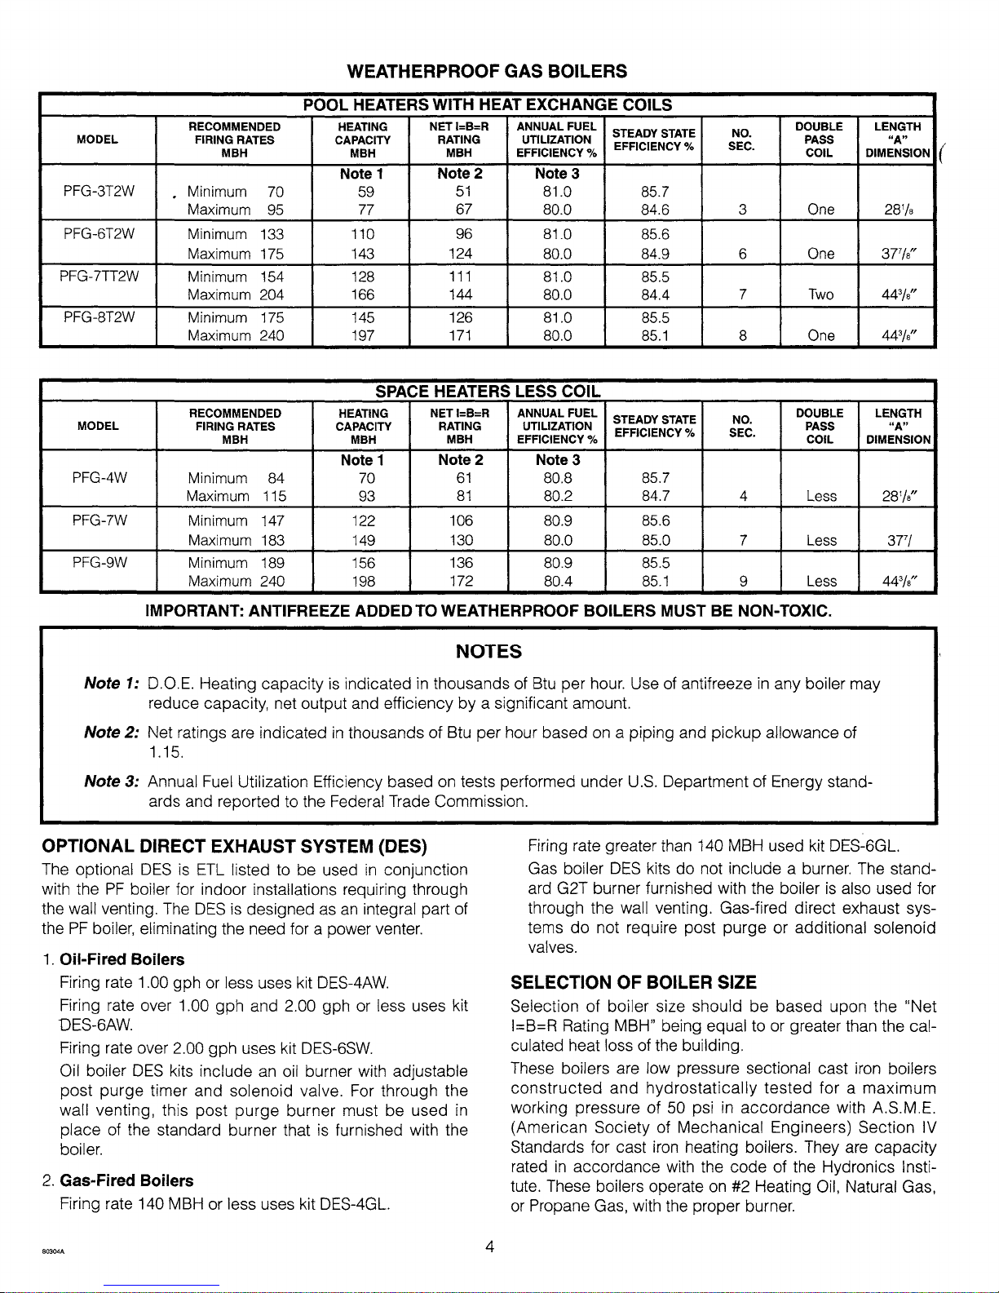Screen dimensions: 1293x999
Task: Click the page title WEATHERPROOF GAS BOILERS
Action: [x=487, y=71]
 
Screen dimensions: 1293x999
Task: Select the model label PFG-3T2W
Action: [x=98, y=192]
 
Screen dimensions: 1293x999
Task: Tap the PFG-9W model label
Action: [x=98, y=563]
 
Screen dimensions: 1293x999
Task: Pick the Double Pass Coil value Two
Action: [x=820, y=294]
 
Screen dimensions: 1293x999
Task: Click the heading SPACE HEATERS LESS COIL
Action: [x=487, y=391]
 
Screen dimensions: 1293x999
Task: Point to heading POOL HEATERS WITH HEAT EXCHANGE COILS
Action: [x=487, y=104]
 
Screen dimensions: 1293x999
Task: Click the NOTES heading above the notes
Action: [x=488, y=651]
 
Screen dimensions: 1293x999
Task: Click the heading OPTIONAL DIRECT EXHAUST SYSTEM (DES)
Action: [x=235, y=845]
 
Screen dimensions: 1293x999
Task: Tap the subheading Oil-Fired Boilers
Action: [x=122, y=959]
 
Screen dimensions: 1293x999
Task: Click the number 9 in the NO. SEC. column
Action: [x=741, y=582]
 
